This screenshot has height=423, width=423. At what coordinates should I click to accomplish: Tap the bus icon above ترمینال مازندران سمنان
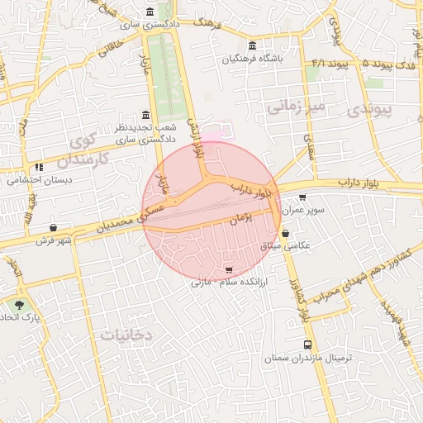click(x=308, y=345)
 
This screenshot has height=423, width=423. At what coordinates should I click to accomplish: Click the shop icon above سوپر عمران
click(x=302, y=197)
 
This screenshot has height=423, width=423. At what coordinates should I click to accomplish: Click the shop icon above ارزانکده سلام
click(x=228, y=270)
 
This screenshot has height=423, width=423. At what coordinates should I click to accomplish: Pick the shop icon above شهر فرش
click(x=54, y=227)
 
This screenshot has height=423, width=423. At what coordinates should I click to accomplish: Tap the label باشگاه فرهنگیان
click(x=252, y=59)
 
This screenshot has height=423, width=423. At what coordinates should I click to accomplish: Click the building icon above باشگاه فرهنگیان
click(x=252, y=45)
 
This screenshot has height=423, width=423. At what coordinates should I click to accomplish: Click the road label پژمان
click(x=240, y=218)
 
